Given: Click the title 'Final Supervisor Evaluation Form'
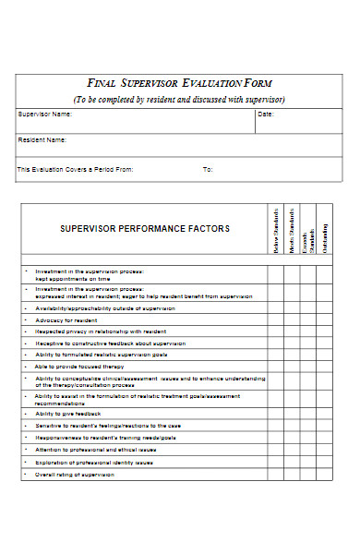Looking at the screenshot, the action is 179,83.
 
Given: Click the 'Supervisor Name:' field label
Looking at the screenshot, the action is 44,114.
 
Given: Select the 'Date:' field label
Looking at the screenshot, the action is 265,114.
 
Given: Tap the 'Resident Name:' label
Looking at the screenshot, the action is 42,140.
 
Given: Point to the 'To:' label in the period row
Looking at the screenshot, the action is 208,169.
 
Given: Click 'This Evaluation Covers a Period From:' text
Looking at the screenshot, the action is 76,169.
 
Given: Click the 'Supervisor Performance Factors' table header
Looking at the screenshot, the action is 145,228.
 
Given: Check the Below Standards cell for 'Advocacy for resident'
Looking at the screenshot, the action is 276,319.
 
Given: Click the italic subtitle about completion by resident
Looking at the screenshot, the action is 179,99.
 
